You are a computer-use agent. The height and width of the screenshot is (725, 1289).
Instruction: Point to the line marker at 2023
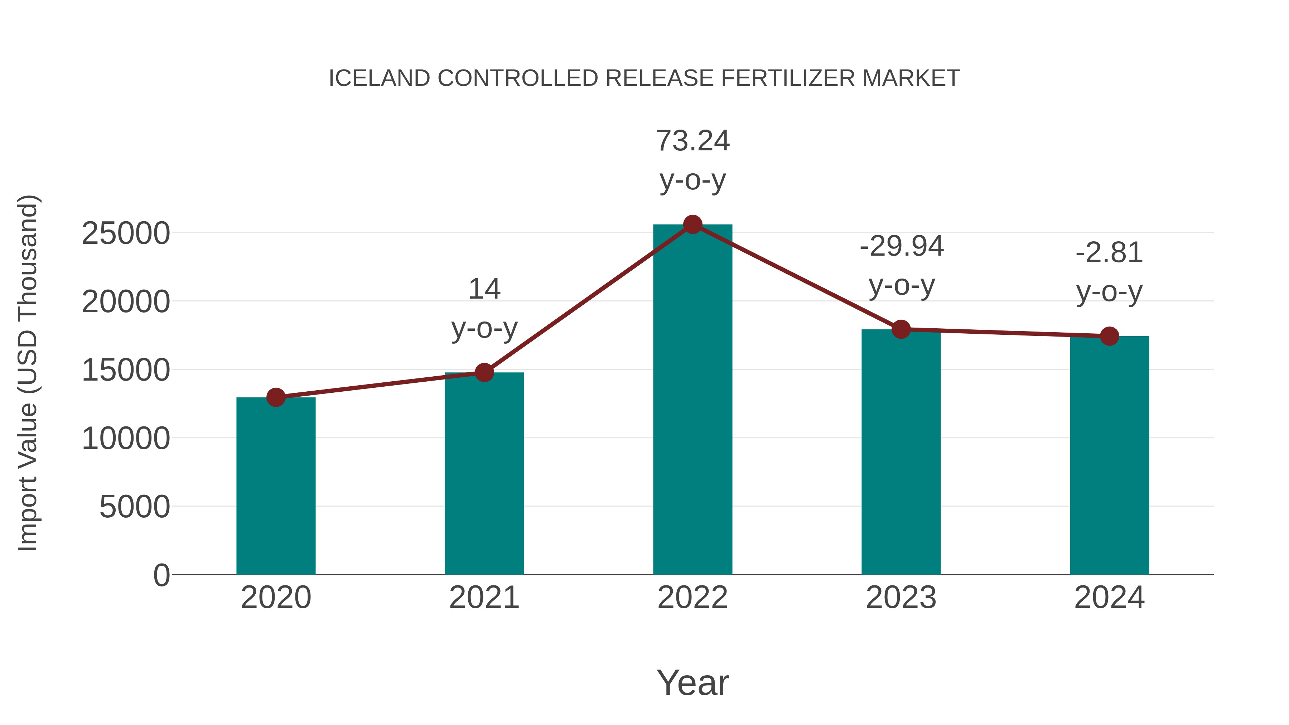pyautogui.click(x=901, y=329)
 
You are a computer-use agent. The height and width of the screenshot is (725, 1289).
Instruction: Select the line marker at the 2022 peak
pyautogui.click(x=692, y=224)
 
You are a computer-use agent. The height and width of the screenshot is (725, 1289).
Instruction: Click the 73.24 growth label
pyautogui.click(x=692, y=141)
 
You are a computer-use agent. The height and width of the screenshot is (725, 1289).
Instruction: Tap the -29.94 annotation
pyautogui.click(x=901, y=246)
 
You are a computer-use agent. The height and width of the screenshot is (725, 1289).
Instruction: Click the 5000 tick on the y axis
pyautogui.click(x=135, y=507)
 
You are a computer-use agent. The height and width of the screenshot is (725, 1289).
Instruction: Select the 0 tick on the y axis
pyautogui.click(x=161, y=575)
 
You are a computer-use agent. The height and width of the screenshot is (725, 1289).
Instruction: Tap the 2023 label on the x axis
pyautogui.click(x=901, y=598)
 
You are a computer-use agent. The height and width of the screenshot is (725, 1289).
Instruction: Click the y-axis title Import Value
pyautogui.click(x=28, y=373)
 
